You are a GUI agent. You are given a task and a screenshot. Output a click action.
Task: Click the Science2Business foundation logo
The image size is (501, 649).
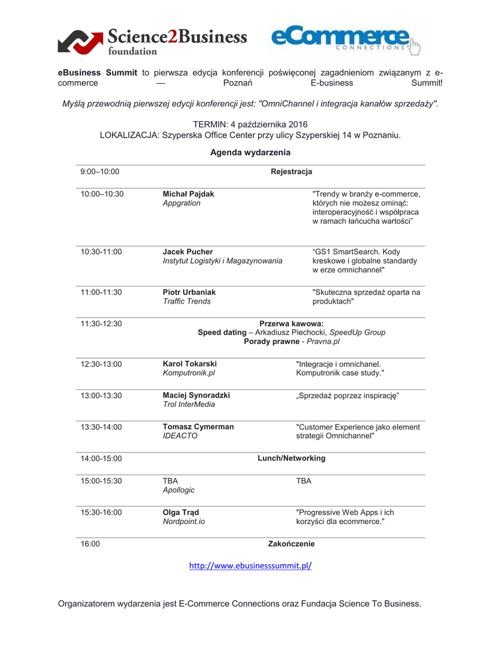[152, 40]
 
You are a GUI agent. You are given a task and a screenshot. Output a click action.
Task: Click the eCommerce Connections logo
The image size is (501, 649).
[346, 38]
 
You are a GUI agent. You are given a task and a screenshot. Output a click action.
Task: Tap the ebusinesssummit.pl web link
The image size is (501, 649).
[250, 566]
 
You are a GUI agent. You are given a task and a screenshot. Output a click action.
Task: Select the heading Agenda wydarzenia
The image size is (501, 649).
[250, 152]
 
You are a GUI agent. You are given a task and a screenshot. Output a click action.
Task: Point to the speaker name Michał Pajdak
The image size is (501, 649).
[189, 194]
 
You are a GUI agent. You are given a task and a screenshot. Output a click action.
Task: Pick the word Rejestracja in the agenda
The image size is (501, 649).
[291, 172]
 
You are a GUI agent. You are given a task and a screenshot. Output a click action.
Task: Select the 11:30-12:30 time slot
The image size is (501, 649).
[101, 324]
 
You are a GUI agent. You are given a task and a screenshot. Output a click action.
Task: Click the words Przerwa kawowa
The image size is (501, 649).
[291, 324]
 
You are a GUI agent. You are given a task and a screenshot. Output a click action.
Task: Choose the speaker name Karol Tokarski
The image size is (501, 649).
[190, 364]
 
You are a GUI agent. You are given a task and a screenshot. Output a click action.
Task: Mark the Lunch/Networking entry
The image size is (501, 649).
[291, 458]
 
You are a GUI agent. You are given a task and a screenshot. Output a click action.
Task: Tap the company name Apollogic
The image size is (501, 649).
[179, 490]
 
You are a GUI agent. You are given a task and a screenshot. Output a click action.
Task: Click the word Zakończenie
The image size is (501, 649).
[291, 544]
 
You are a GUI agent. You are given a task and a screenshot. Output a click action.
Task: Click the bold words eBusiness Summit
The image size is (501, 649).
[98, 72]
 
